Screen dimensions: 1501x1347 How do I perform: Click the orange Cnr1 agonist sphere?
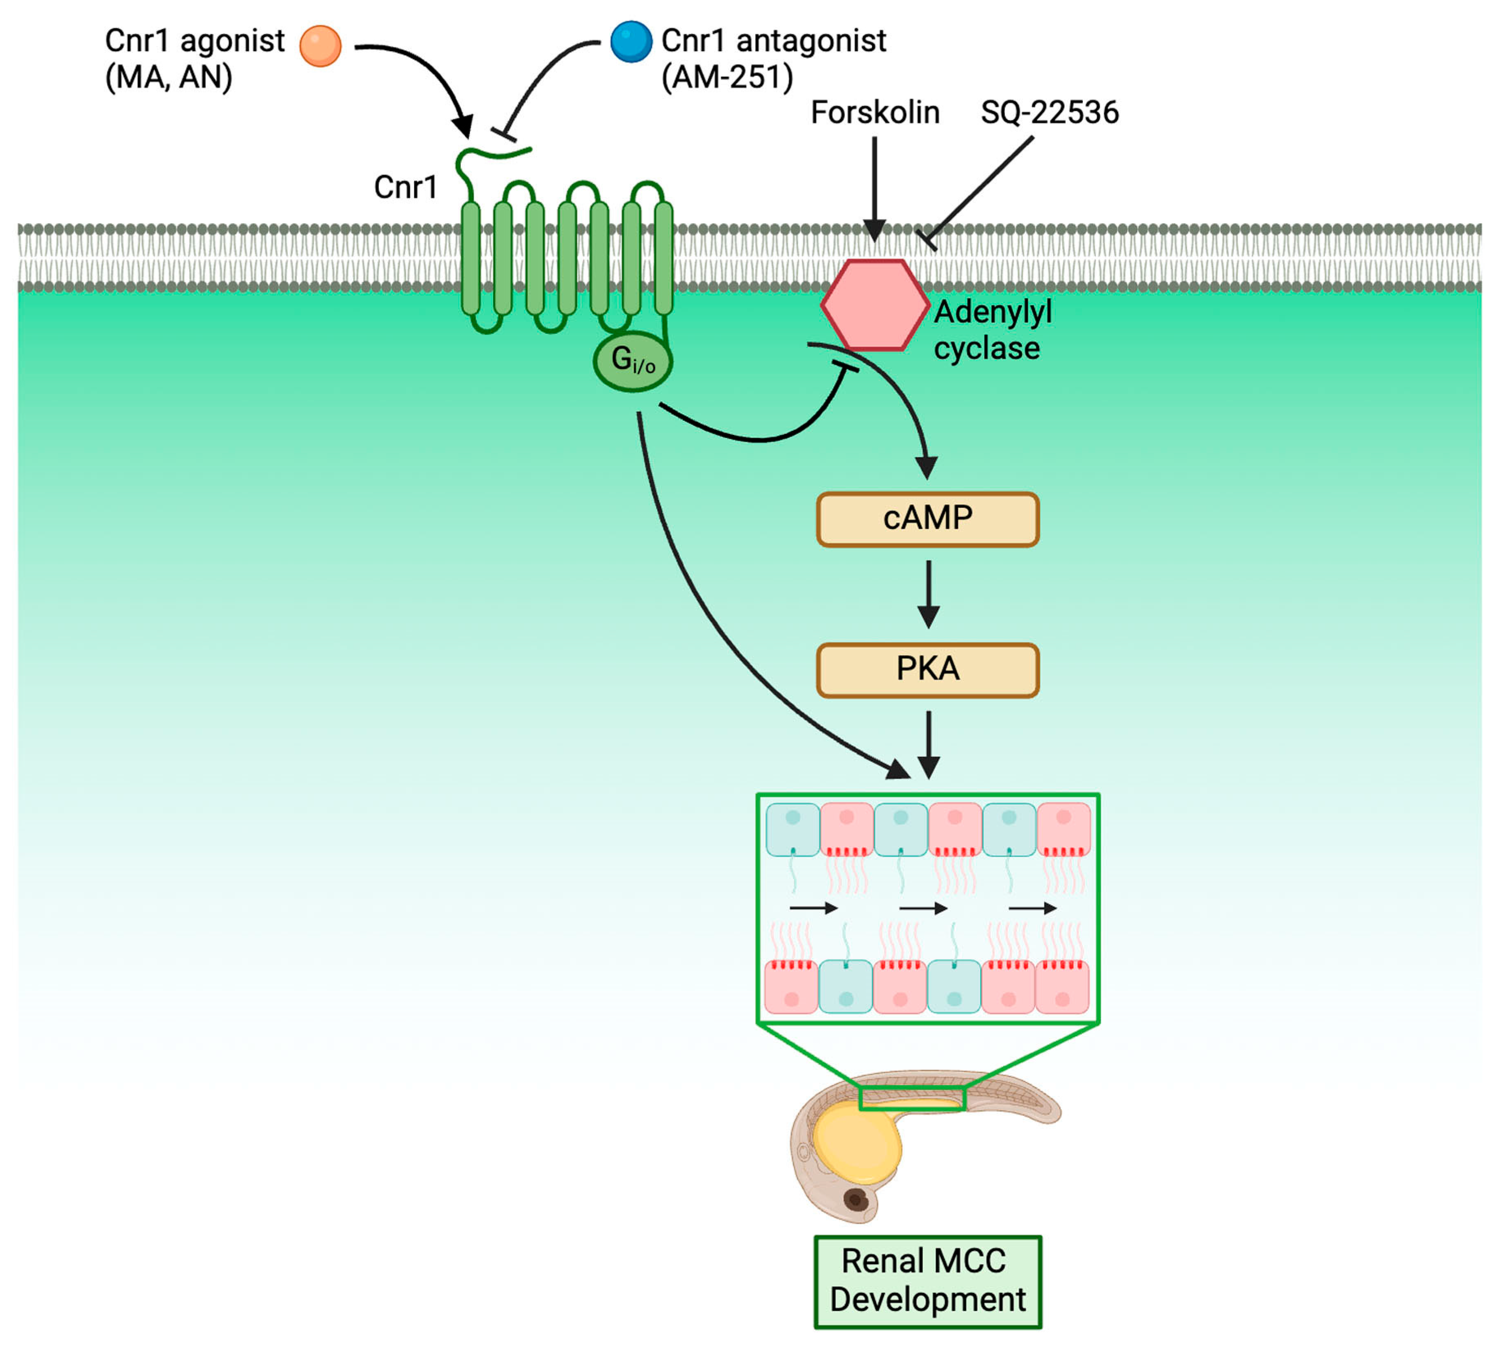point(320,46)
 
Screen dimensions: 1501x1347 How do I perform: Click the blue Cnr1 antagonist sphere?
point(631,41)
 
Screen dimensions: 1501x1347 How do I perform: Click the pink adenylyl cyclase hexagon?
point(875,305)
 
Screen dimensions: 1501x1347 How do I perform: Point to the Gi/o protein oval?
point(633,362)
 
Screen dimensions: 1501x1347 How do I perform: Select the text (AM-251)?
point(727,77)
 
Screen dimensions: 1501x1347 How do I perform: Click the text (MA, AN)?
point(169,77)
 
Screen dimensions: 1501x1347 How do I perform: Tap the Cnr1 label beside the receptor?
point(405,187)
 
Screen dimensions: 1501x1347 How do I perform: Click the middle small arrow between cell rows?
point(923,908)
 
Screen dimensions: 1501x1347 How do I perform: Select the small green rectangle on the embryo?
point(913,1098)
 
